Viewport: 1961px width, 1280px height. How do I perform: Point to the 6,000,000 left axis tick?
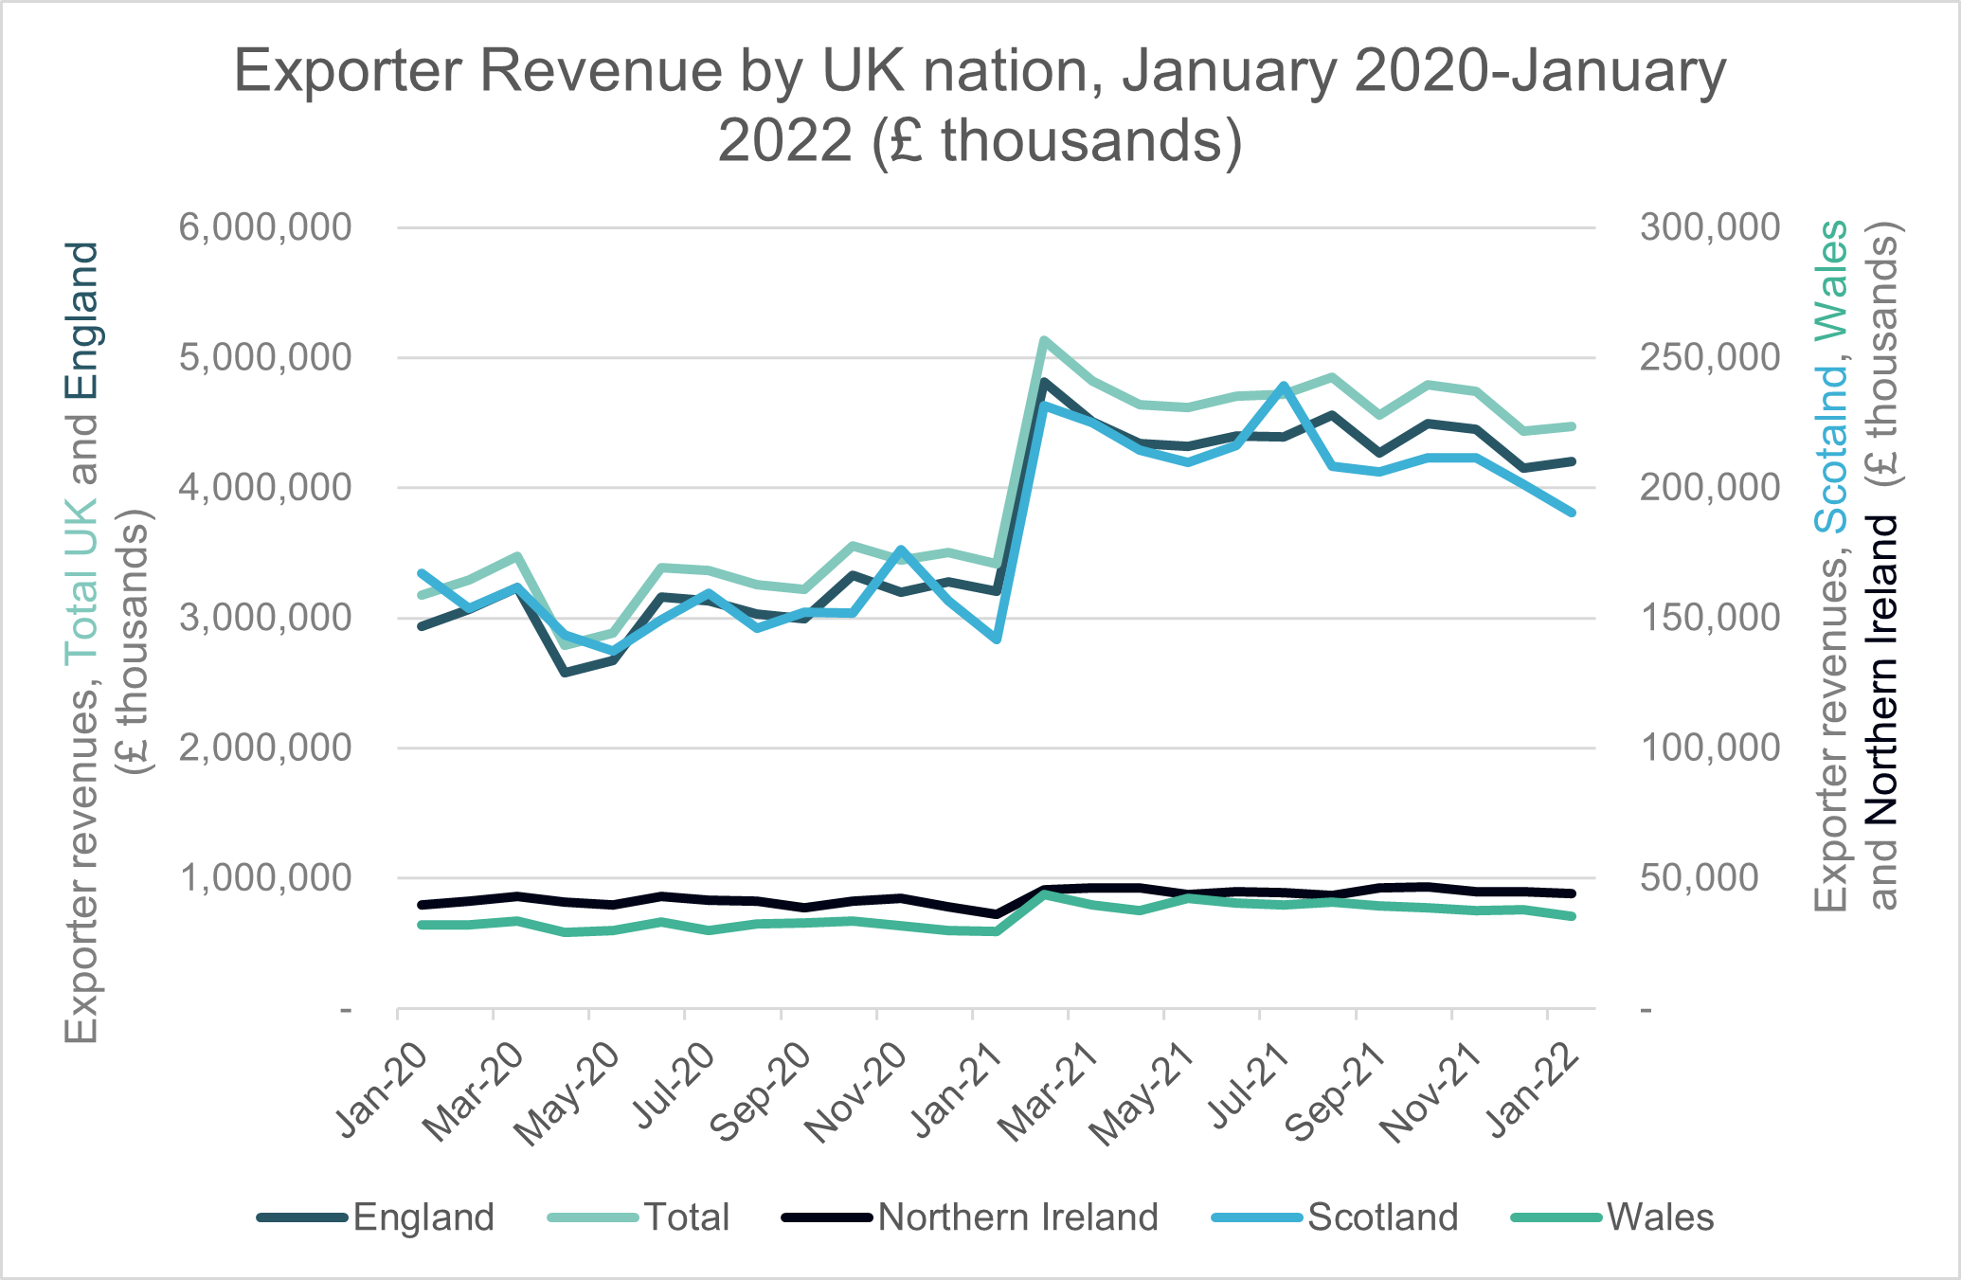pos(264,227)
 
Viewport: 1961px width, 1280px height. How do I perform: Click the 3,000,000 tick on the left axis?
pos(264,618)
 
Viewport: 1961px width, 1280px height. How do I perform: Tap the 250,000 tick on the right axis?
pos(1710,358)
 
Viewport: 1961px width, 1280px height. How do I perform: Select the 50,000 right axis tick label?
pos(1710,878)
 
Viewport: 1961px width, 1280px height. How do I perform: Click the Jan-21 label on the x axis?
pos(957,1090)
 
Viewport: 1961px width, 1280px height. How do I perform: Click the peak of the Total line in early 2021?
pos(1043,339)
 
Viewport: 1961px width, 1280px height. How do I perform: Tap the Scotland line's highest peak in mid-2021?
pos(1284,386)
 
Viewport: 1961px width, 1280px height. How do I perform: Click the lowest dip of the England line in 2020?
pos(566,673)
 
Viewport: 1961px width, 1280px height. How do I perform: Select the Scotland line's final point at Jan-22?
pos(1572,513)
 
